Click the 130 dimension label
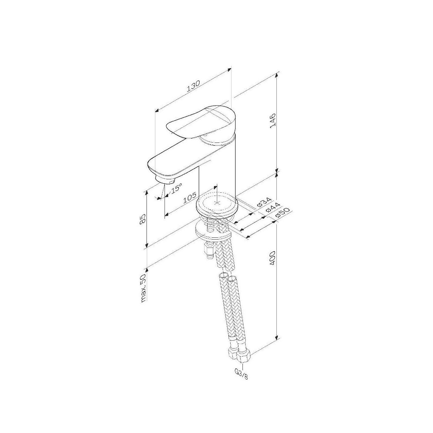pos(193,86)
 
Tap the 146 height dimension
pos(272,121)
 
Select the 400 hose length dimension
pos(272,258)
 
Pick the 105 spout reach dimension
pos(189,197)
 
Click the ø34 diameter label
pos(264,202)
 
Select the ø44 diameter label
pos(273,207)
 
